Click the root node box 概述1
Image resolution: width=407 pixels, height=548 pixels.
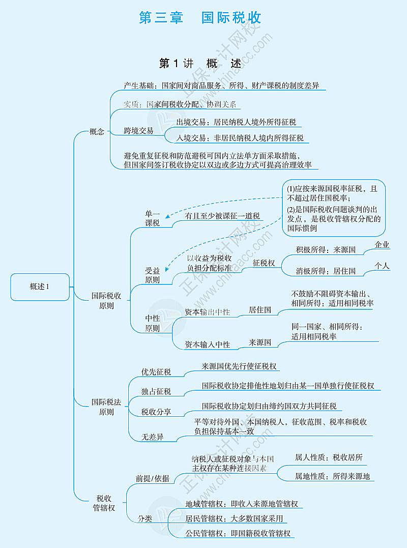[x=40, y=286]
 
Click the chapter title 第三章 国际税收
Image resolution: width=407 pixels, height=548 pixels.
[x=200, y=18]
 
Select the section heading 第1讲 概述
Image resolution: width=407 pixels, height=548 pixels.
[x=199, y=64]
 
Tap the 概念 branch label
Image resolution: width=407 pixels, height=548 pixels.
[x=97, y=131]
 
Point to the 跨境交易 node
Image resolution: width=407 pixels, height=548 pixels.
[x=138, y=131]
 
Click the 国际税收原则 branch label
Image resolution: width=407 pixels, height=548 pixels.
[x=106, y=300]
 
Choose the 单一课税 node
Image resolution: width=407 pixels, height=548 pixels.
[x=152, y=218]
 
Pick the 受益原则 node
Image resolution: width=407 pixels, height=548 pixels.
[x=152, y=275]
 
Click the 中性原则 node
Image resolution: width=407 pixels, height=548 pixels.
[x=152, y=323]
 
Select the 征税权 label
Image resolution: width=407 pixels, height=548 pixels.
[x=264, y=263]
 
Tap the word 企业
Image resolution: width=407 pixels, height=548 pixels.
[x=382, y=245]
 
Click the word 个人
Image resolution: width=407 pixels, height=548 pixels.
[x=382, y=266]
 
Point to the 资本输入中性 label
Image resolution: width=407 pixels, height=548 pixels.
[x=208, y=344]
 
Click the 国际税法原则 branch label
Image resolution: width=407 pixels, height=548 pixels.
[x=106, y=407]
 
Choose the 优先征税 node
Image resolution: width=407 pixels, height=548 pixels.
[x=156, y=372]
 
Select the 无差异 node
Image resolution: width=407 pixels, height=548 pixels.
[x=153, y=437]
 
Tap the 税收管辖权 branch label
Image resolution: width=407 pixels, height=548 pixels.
[x=104, y=503]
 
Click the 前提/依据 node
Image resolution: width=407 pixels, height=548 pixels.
[x=152, y=478]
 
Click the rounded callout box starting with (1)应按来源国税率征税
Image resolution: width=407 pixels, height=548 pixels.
[x=334, y=208]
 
